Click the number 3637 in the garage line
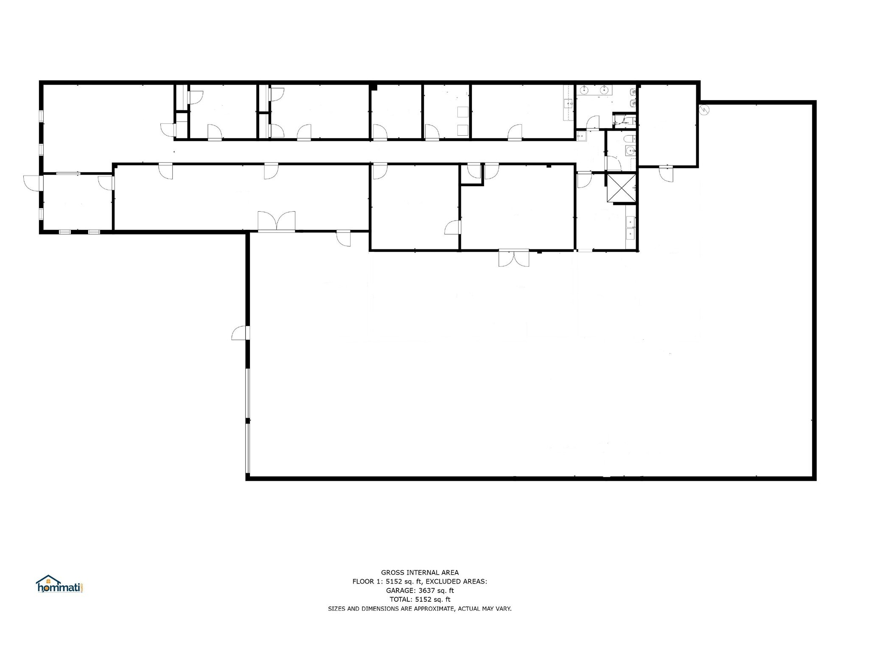tap(428, 590)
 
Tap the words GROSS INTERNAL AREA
tap(420, 573)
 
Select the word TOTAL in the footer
tap(400, 599)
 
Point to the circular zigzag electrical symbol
tap(704, 109)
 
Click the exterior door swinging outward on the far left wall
tap(32, 182)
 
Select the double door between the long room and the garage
tap(277, 221)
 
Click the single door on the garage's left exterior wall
tap(240, 333)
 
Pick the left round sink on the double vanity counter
tap(585, 89)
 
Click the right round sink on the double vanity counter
tap(603, 89)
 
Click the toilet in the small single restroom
tap(630, 138)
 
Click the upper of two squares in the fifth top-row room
tap(462, 112)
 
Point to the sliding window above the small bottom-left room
tap(68, 173)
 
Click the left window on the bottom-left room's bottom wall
tap(64, 232)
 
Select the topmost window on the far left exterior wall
tap(41, 116)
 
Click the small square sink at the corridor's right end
tap(581, 136)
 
